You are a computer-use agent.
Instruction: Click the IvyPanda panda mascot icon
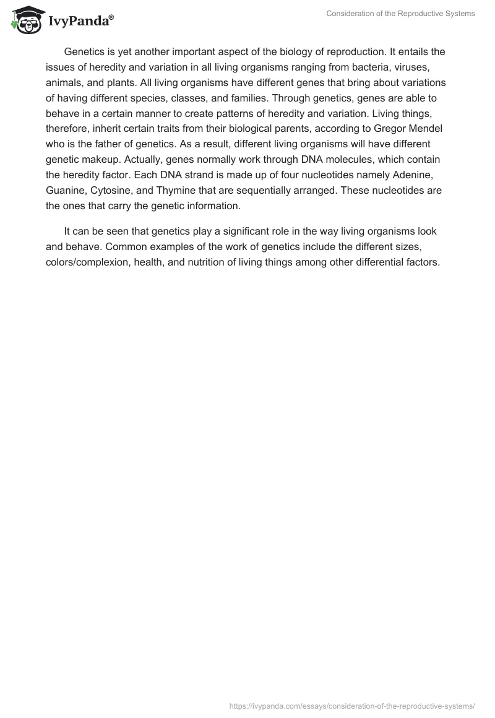(25, 19)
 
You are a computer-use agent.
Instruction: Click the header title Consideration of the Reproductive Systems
(401, 14)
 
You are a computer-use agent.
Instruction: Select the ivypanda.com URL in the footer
(352, 705)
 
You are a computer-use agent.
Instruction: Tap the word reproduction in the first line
(337, 51)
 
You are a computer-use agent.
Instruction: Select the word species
(163, 98)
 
